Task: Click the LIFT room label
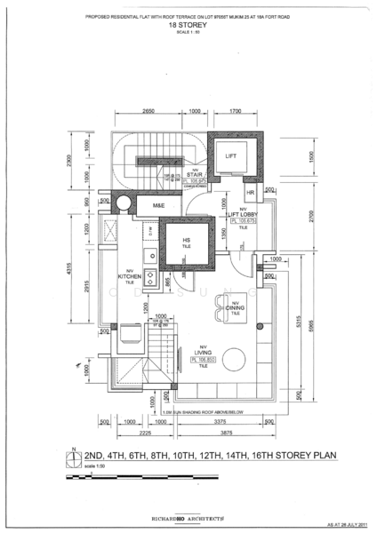pyautogui.click(x=231, y=156)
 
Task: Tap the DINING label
pyautogui.click(x=236, y=307)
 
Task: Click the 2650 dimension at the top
pyautogui.click(x=148, y=112)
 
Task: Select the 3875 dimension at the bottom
pyautogui.click(x=225, y=433)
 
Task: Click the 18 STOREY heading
pyautogui.click(x=188, y=27)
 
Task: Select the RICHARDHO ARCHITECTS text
pyautogui.click(x=188, y=515)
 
